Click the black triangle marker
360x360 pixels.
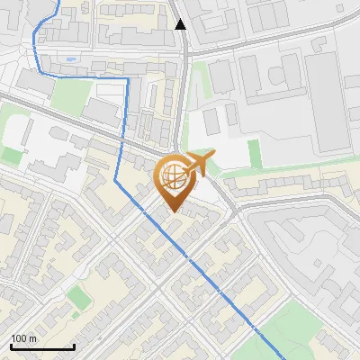[181, 24]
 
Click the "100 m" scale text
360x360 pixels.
[23, 338]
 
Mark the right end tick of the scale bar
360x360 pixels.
[74, 346]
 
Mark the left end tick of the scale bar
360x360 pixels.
[10, 346]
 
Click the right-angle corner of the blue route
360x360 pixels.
[128, 79]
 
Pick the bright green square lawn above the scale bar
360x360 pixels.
[79, 295]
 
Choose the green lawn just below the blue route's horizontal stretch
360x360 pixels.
[67, 94]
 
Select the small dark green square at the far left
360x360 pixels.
[11, 155]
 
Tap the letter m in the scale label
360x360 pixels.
[32, 338]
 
